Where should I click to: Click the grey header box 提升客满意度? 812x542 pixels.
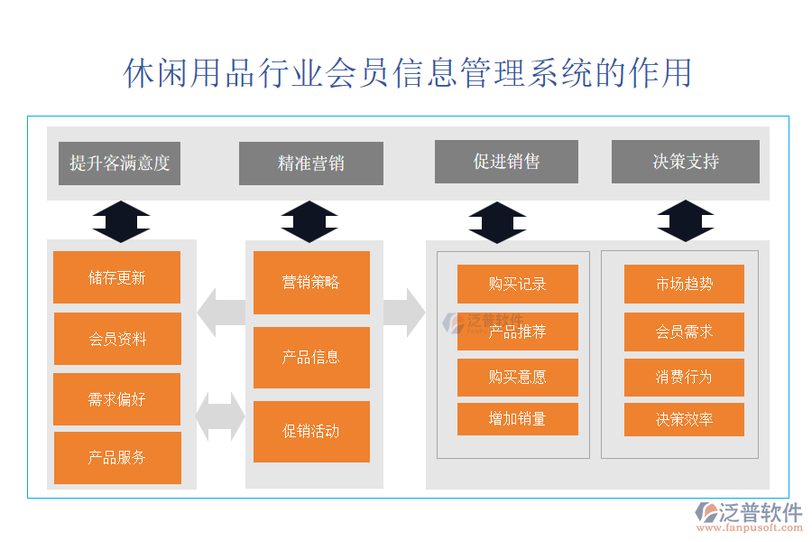point(119,164)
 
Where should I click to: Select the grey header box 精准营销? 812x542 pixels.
point(310,164)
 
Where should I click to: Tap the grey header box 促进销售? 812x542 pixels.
point(506,162)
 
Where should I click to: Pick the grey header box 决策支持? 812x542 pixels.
point(685,162)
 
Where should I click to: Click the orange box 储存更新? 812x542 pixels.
point(116,277)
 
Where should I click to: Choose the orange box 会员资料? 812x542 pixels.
point(117,339)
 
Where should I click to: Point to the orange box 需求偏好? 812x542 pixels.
point(116,399)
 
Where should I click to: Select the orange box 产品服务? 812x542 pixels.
point(117,458)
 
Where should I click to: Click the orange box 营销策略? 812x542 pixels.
point(311,283)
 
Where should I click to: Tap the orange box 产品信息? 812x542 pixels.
point(311,358)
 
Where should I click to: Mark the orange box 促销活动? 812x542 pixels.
point(311,432)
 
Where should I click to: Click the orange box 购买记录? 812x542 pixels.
point(517,284)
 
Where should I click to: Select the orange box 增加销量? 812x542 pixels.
point(517,419)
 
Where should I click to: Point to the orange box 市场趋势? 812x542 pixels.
point(684,284)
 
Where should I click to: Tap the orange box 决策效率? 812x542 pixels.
point(684,419)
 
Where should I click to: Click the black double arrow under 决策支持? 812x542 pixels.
point(685,221)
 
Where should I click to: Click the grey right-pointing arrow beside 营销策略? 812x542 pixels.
point(403,312)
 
